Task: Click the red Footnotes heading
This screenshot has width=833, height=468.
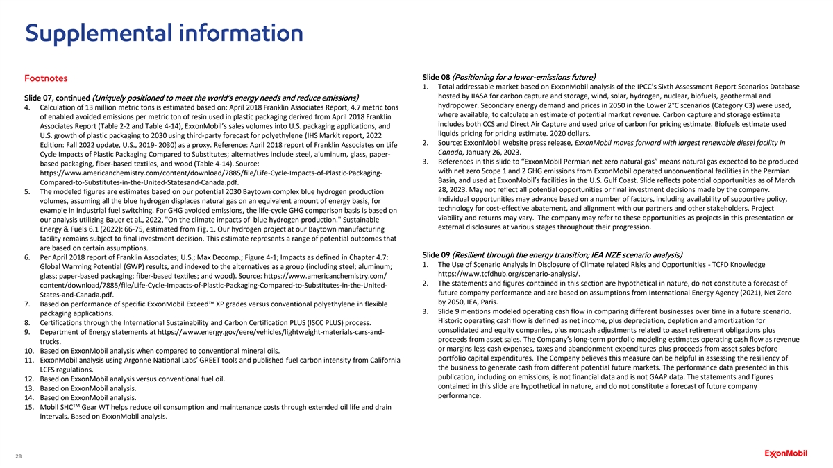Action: pyautogui.click(x=47, y=79)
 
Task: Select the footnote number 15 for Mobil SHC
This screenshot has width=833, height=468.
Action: pyautogui.click(x=30, y=408)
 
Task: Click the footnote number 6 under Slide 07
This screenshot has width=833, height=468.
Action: pyautogui.click(x=27, y=259)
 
